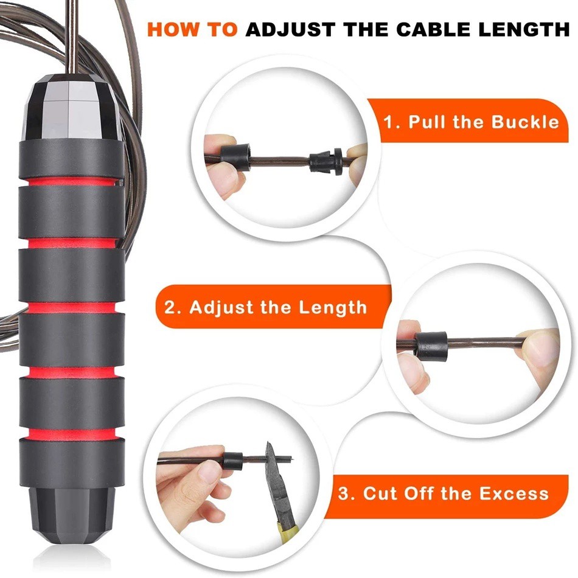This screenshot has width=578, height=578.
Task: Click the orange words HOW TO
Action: (x=192, y=29)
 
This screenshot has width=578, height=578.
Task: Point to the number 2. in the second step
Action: (x=172, y=307)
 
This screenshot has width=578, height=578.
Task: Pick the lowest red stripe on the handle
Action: (x=72, y=434)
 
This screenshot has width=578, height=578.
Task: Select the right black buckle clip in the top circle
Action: (x=326, y=161)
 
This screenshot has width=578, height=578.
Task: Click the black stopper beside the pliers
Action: (x=233, y=461)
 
